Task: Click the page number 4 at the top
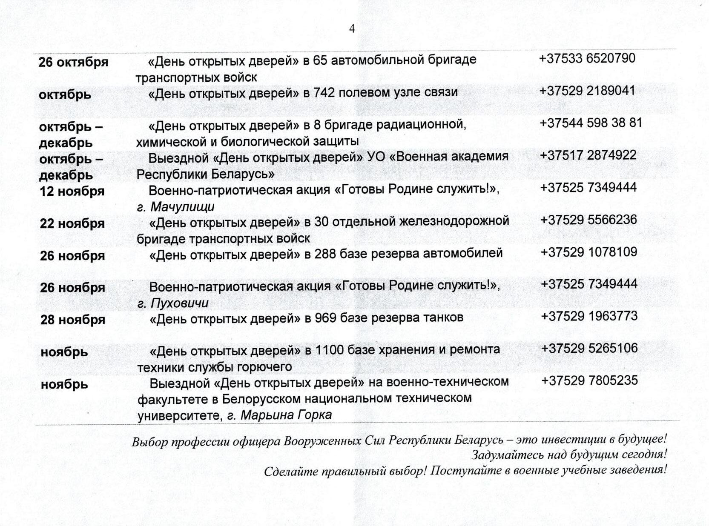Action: pos(352,29)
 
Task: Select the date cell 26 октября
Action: pos(73,63)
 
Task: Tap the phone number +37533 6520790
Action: pos(587,58)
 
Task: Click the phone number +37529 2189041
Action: pos(587,91)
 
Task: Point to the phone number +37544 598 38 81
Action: pos(591,123)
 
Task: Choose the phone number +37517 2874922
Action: pos(588,155)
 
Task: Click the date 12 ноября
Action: pos(72,192)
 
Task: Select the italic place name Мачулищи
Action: pos(183,207)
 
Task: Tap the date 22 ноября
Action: pos(72,224)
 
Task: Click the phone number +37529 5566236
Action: pos(588,220)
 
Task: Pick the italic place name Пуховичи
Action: pos(180,303)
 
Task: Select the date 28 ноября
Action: pos(73,320)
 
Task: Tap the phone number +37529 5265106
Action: pos(589,349)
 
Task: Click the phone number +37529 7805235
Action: pos(589,380)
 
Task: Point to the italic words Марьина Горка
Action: pos(286,415)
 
